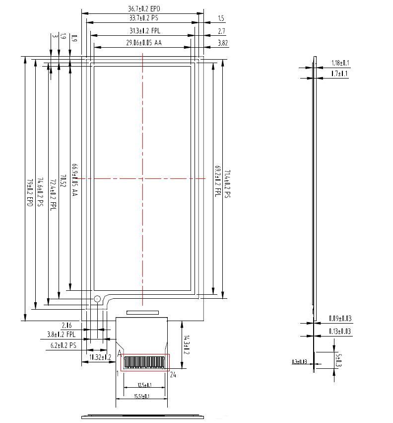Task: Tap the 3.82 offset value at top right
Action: [223, 43]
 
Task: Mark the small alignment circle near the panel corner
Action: [97, 299]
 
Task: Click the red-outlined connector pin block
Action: [145, 362]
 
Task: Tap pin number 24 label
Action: [173, 374]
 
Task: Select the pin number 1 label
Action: [118, 373]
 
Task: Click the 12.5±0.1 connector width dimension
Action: [144, 385]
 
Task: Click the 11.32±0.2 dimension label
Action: [100, 357]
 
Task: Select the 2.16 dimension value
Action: [67, 325]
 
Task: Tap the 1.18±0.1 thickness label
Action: [340, 63]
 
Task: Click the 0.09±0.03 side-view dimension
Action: [340, 319]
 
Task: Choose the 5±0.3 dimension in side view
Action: [339, 360]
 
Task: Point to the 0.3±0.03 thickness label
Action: [299, 362]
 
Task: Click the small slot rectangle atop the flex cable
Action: [142, 312]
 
